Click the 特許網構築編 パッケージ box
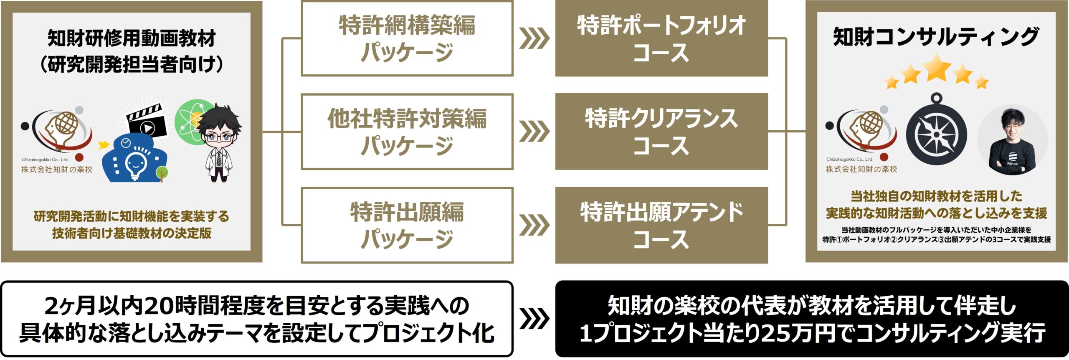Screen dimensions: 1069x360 pyautogui.click(x=407, y=38)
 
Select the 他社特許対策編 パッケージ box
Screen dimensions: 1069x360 pyautogui.click(x=407, y=132)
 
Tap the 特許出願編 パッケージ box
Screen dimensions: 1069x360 pyautogui.click(x=407, y=226)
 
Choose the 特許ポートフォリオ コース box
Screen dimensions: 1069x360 pyautogui.click(x=661, y=38)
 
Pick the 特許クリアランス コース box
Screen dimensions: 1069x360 pyautogui.click(x=661, y=132)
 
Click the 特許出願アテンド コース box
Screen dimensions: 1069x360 pyautogui.click(x=661, y=226)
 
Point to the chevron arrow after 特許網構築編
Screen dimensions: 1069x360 pyautogui.click(x=534, y=39)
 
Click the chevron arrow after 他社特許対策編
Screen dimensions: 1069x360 pyautogui.click(x=534, y=132)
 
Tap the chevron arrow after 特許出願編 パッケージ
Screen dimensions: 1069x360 pyautogui.click(x=534, y=226)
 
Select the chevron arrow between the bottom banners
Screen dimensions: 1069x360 pyautogui.click(x=534, y=319)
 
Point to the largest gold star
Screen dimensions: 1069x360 pyautogui.click(x=938, y=67)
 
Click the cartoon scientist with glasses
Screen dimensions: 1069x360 pyautogui.click(x=219, y=142)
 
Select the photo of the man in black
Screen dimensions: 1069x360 pyautogui.click(x=1013, y=140)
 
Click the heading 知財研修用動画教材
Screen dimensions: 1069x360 pyautogui.click(x=132, y=38)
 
